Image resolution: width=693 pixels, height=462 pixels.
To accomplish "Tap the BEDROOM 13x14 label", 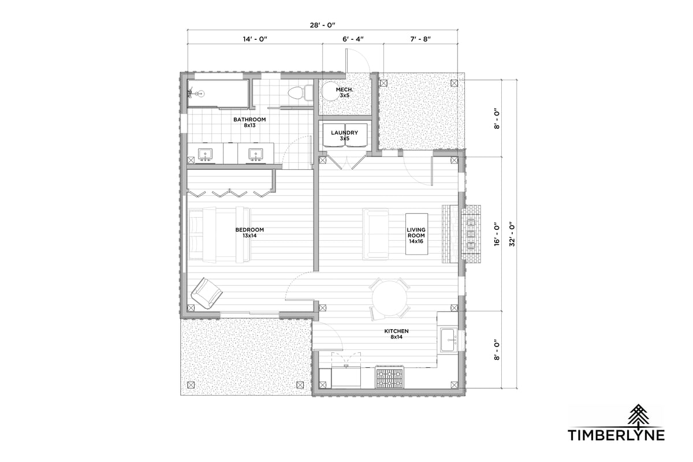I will [249, 233].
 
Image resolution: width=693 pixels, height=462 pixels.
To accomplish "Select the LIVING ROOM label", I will [416, 235].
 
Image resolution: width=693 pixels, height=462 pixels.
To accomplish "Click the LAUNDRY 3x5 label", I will [344, 136].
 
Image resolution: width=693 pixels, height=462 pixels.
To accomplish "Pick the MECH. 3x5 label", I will [345, 92].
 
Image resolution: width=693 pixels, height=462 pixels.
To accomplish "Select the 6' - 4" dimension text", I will [352, 39].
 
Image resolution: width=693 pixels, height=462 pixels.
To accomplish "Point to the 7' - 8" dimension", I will [420, 39].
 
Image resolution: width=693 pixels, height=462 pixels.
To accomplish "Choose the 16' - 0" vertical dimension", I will [495, 234].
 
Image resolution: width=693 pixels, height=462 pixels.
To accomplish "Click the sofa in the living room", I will [375, 234].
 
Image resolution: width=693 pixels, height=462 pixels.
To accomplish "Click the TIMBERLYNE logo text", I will [616, 434].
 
